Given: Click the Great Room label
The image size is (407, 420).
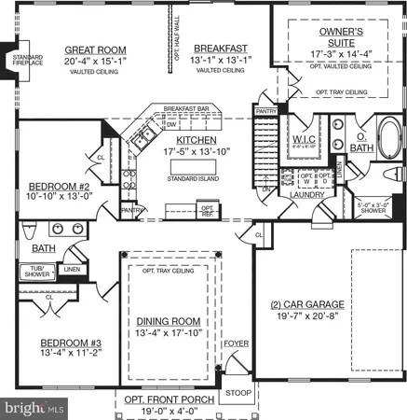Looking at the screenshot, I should pos(95,49).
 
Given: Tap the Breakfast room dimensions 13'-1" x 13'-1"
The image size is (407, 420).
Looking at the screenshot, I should pos(220,61).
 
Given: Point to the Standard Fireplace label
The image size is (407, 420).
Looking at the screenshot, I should pos(18,63).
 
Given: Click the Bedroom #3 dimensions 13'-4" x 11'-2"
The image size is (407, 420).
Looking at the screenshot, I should pos(57,353).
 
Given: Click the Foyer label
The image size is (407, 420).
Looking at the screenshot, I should pos(237,343).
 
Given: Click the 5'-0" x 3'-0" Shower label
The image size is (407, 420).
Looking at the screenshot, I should pos(375,207).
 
